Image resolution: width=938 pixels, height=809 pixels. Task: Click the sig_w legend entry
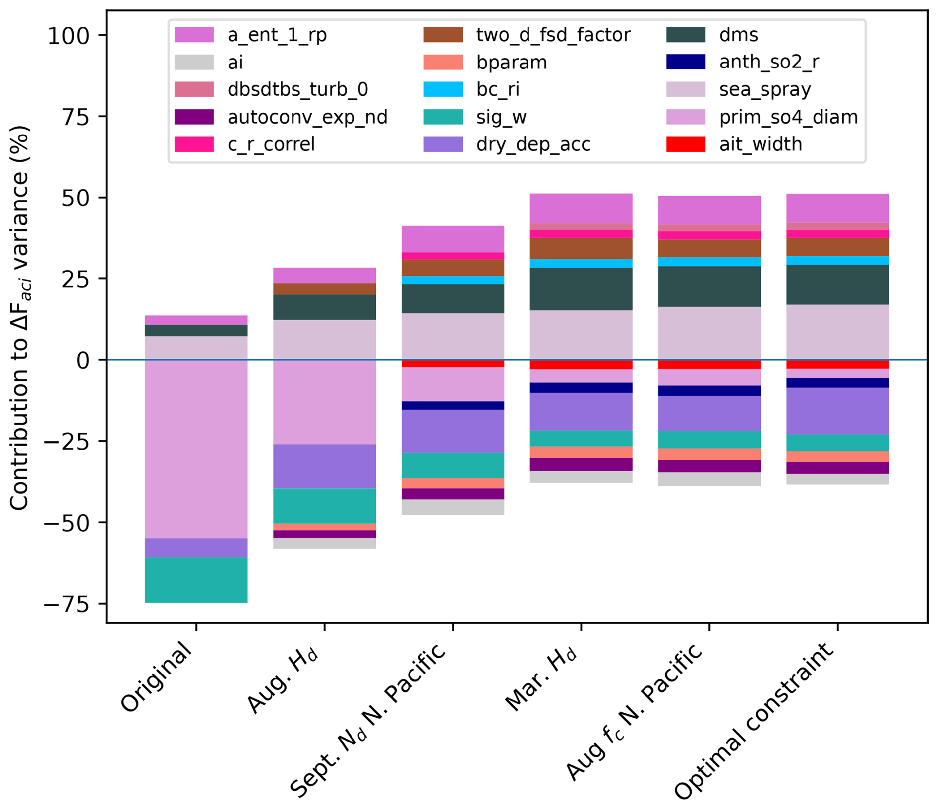click(x=501, y=117)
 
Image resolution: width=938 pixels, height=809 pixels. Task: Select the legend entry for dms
click(x=738, y=35)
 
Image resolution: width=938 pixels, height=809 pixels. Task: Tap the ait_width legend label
click(x=761, y=144)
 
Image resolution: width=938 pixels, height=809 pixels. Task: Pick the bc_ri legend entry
click(x=497, y=90)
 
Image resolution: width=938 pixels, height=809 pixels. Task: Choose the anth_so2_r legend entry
click(x=768, y=62)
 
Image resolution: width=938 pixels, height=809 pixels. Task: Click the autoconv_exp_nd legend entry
click(x=307, y=117)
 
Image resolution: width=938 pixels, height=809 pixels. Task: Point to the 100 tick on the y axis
click(x=68, y=35)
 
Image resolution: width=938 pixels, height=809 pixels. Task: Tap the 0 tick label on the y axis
click(x=83, y=360)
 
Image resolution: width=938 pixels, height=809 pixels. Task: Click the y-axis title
click(x=20, y=318)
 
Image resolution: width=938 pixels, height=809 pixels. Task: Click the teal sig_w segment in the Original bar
click(x=196, y=580)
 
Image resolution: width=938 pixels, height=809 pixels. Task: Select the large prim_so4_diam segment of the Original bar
click(x=196, y=437)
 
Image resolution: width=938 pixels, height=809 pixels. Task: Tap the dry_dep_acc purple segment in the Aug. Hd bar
click(x=325, y=466)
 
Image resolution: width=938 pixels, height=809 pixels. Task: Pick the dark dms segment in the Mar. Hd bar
click(x=581, y=289)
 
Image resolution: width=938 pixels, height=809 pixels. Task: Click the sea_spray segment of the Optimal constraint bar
click(x=838, y=332)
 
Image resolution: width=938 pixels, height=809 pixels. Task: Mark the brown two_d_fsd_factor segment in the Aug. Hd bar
click(x=325, y=289)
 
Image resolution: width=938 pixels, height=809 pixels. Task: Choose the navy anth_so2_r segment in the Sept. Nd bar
click(x=453, y=405)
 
